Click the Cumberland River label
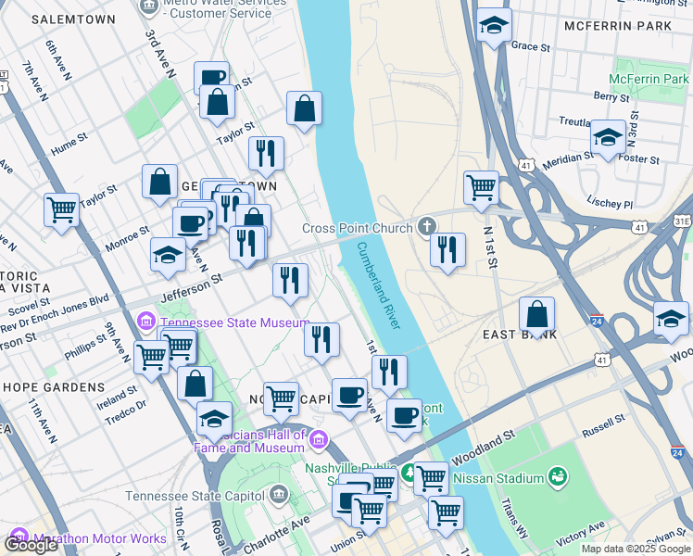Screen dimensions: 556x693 tap(379, 285)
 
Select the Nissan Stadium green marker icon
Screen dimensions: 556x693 tap(558, 477)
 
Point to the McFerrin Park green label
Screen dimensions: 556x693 tap(649, 79)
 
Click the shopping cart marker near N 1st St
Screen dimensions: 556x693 tap(481, 188)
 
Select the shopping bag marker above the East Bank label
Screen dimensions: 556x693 tap(536, 314)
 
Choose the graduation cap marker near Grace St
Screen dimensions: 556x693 tap(494, 26)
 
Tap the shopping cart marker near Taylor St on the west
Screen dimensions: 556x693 tap(61, 210)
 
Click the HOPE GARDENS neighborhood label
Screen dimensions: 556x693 tap(54, 386)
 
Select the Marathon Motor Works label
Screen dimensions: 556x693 tap(99, 538)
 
